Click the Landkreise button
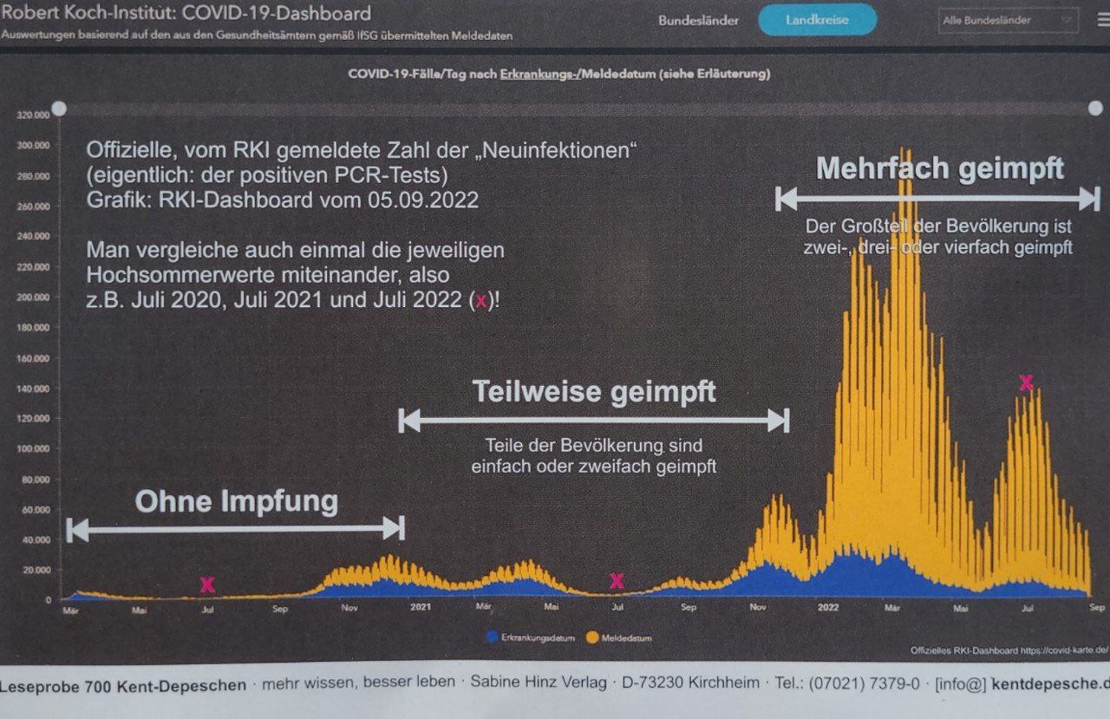[817, 19]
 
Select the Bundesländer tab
[697, 19]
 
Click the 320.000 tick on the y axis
[32, 114]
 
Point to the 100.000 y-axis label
[32, 448]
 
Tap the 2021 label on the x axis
[421, 607]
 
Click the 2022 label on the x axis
[827, 607]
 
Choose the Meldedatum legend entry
[620, 637]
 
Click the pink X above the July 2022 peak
[1027, 382]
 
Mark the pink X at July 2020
[207, 585]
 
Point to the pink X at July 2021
[617, 581]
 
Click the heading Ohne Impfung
[236, 501]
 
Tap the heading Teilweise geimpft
[594, 392]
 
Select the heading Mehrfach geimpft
[940, 168]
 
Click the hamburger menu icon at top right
[1102, 21]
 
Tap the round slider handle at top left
[59, 108]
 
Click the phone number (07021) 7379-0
[865, 683]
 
